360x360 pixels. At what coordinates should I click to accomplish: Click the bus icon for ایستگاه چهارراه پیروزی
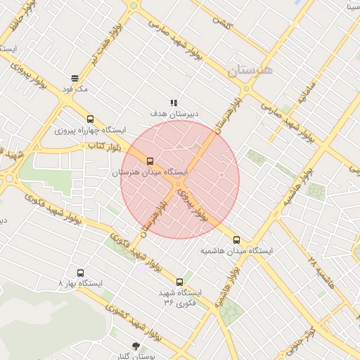[x=89, y=119]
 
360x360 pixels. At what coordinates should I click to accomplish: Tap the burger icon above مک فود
[x=75, y=78]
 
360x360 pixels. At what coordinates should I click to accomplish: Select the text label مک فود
[x=75, y=89]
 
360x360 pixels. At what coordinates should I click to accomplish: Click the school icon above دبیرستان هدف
[x=174, y=103]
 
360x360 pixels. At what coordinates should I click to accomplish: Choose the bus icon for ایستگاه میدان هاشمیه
[x=236, y=240]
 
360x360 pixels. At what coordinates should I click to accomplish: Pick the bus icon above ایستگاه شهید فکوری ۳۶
[x=179, y=282]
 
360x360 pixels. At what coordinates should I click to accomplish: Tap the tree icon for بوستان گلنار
[x=136, y=346]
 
